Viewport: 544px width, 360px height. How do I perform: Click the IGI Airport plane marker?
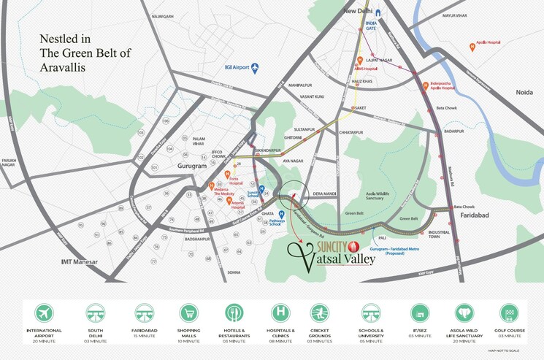tap(254, 68)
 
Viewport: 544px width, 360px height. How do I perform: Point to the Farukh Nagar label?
tap(9, 161)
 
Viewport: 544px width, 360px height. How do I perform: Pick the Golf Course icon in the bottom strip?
tap(508, 313)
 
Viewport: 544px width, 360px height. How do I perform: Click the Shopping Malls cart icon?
tap(189, 313)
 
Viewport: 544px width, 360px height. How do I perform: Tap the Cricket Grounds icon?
tap(320, 313)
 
